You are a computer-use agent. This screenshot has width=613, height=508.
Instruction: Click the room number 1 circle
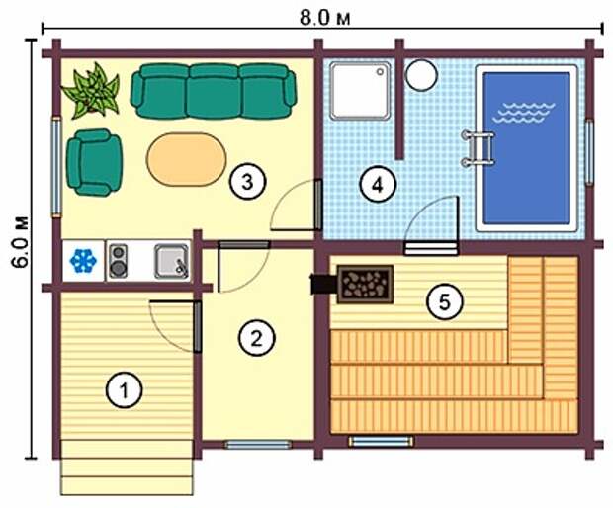(125, 390)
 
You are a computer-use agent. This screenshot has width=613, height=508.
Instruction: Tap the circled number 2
(256, 338)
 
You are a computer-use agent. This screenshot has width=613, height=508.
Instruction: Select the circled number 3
(247, 182)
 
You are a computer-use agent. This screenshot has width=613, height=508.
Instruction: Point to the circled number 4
(378, 185)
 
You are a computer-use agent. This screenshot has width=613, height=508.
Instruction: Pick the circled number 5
(445, 301)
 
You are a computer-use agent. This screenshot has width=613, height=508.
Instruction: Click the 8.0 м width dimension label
(325, 18)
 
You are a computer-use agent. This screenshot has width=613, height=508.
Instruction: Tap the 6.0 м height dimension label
(20, 241)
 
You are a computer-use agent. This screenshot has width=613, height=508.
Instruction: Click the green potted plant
(91, 91)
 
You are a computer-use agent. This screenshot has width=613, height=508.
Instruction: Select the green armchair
(95, 162)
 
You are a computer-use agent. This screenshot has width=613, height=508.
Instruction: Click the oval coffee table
(187, 159)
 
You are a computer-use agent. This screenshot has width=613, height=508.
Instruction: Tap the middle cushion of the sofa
(214, 92)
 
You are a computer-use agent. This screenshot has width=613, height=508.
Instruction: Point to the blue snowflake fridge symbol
(83, 261)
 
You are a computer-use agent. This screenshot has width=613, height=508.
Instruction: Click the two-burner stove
(118, 261)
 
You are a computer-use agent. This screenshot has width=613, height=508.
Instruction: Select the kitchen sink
(172, 261)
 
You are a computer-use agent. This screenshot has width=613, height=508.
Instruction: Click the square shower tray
(360, 90)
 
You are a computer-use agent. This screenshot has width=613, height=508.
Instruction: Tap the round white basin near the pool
(421, 75)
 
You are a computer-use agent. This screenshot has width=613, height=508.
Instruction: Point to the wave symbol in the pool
(523, 112)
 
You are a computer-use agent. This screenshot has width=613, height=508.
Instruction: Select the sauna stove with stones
(365, 284)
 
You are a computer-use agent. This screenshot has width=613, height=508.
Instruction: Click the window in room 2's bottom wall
(258, 445)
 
